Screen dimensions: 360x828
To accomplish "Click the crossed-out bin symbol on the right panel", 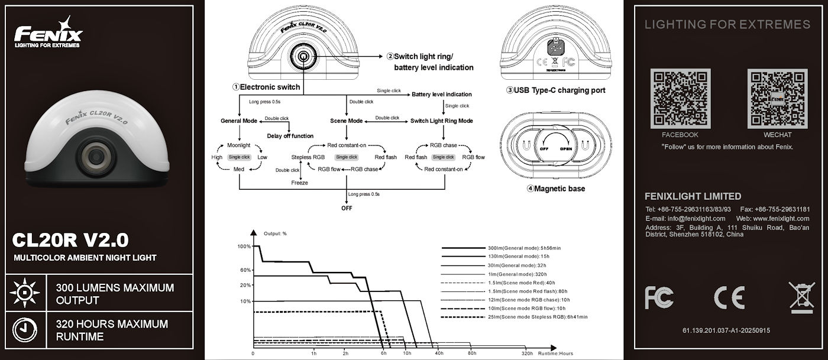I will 801,297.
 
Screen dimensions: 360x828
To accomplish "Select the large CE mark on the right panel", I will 729,298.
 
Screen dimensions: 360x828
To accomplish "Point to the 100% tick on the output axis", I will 244,247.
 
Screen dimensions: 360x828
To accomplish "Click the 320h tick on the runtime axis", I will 527,353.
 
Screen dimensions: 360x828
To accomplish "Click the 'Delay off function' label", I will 290,136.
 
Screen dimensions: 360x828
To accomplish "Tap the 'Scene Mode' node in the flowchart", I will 346,121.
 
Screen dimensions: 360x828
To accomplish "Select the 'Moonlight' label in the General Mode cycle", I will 239,145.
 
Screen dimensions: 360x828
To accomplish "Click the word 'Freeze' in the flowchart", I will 299,183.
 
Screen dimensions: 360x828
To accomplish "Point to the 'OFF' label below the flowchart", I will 346,208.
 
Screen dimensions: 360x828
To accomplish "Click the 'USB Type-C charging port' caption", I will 555,90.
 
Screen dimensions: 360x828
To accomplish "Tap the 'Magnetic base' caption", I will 555,189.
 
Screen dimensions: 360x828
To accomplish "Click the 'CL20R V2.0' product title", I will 70,241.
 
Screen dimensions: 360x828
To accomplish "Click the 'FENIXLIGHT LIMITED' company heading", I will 693,196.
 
